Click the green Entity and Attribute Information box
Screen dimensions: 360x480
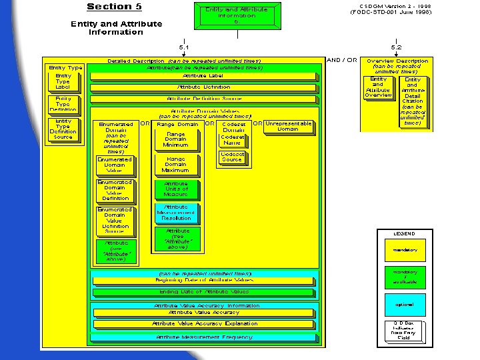point(236,15)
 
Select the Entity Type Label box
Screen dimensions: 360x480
point(63,82)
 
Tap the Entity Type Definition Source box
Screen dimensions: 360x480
point(63,129)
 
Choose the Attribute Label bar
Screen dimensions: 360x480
point(203,75)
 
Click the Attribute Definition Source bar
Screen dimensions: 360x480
point(203,99)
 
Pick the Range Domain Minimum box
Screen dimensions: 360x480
point(175,139)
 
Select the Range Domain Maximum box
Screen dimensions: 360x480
point(175,165)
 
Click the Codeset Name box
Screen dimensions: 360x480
point(232,139)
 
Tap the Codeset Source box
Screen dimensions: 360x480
point(232,157)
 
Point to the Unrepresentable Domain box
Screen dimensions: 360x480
point(288,126)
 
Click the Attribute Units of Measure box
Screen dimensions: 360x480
point(175,189)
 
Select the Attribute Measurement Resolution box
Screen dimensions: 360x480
point(175,213)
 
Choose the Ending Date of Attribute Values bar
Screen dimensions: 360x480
point(203,292)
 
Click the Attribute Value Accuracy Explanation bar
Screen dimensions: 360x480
point(203,324)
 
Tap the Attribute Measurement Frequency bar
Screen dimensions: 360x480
point(203,337)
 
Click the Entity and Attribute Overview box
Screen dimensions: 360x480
point(378,87)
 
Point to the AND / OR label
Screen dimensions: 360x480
point(342,60)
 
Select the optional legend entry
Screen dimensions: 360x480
point(404,305)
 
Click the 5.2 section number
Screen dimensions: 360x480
point(396,47)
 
